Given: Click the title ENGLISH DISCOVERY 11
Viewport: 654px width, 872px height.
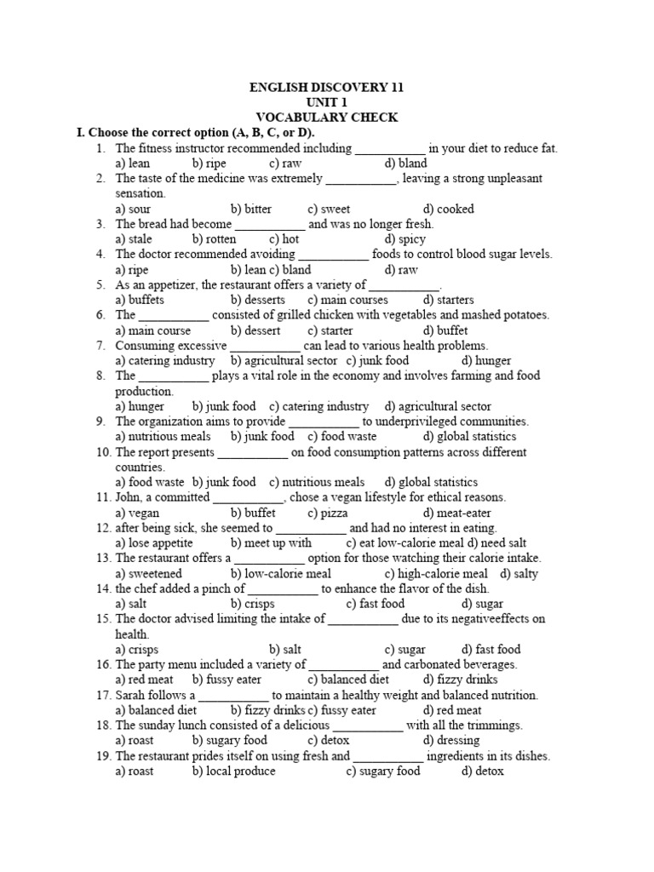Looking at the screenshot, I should [326, 88].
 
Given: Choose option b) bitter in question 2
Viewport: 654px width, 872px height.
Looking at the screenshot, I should [251, 209].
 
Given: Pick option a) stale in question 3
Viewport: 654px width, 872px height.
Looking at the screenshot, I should [134, 240].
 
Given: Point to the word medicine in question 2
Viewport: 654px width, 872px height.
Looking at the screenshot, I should [197, 179].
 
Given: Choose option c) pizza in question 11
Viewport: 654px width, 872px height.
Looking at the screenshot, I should [324, 513].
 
